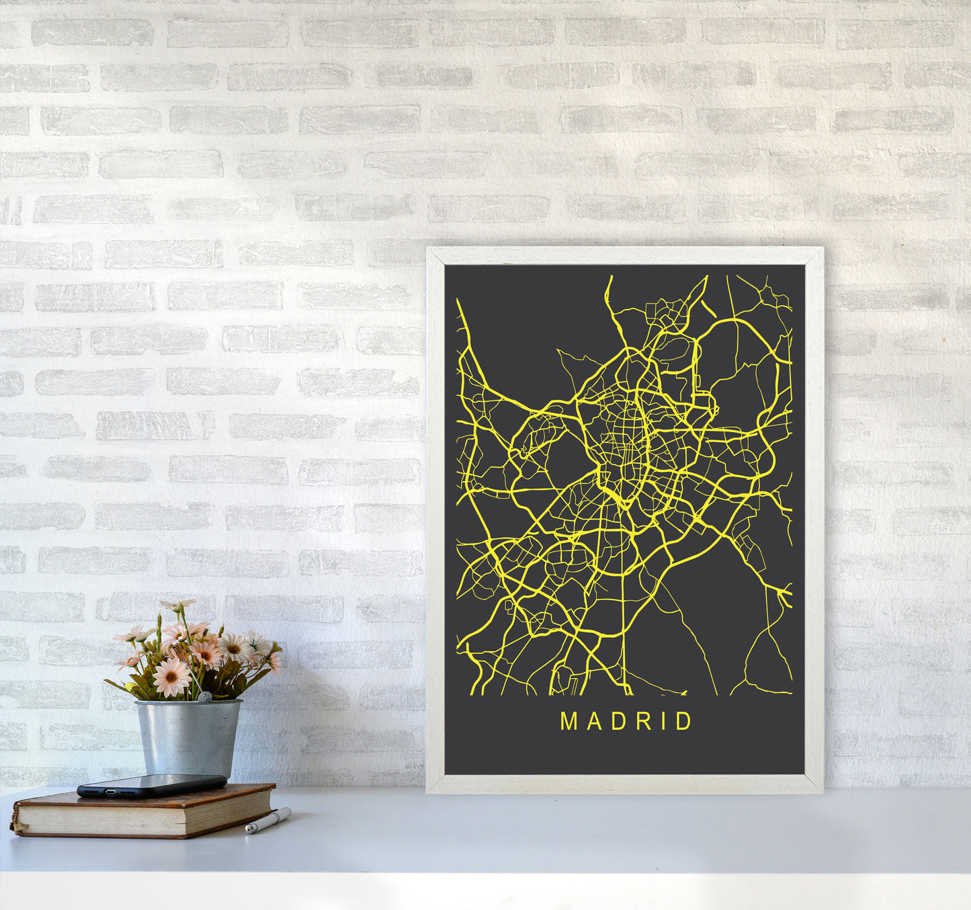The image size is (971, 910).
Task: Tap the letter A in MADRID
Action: coord(591,722)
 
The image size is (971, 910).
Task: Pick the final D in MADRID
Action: coord(684,722)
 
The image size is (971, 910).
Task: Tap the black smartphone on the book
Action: coord(152,784)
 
